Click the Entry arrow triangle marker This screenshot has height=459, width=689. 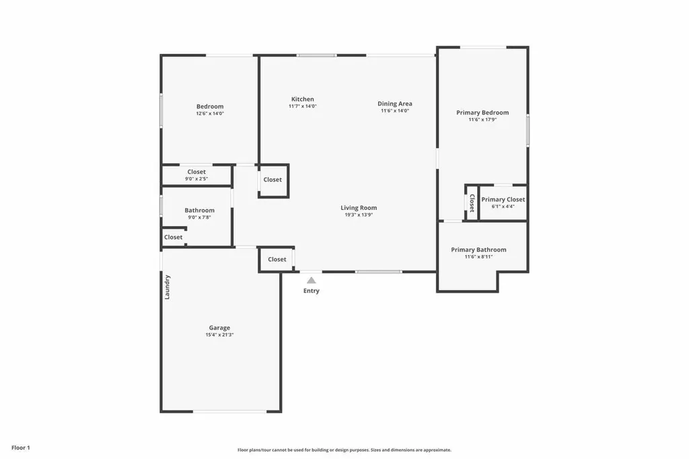coord(311,280)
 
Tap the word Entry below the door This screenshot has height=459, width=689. coord(312,291)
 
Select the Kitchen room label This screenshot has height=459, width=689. coord(302,99)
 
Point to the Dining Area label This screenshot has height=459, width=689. coord(395,104)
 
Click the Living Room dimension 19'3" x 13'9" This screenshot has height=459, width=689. coord(359,215)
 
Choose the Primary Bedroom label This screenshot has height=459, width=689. coord(482,112)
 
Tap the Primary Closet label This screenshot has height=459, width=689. coord(503,199)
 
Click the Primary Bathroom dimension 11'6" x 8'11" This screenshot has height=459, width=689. coord(478,256)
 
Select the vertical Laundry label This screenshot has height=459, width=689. coord(168,287)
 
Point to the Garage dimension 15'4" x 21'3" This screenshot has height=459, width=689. coord(219,334)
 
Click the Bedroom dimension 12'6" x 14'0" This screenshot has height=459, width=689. coord(210,114)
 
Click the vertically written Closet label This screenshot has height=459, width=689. coord(472,203)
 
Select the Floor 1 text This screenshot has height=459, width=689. coord(21,448)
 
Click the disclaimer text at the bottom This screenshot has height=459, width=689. coord(344,450)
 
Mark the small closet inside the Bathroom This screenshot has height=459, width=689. coord(173,237)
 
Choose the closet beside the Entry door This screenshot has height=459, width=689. coord(277,259)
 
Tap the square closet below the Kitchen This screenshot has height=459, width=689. coord(273,180)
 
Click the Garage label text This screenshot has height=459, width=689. coord(219,328)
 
